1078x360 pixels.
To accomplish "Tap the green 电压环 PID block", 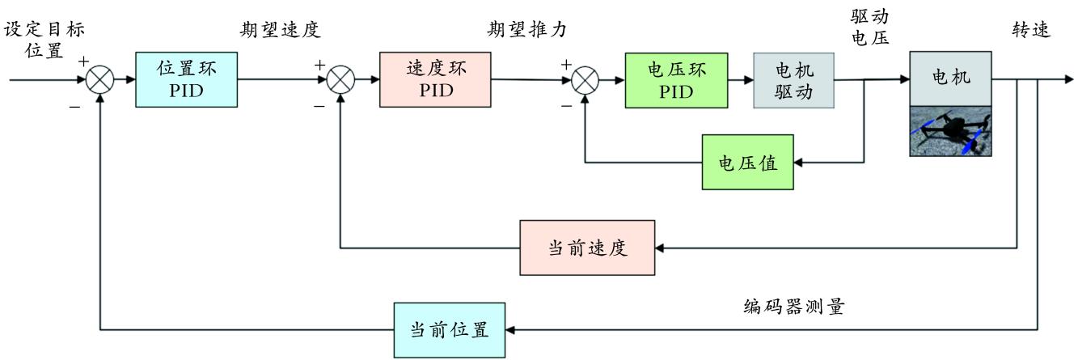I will pos(677,80).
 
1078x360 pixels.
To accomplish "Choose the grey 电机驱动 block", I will pos(793,80).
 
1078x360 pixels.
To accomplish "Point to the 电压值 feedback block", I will pos(748,163).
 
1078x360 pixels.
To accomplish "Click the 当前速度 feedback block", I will pos(588,247).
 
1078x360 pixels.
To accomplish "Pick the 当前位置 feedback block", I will pos(449,330).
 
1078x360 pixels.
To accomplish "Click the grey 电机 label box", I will pos(950,78).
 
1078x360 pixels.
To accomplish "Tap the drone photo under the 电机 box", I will pos(950,131).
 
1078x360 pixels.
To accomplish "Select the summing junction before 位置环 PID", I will pos(99,80).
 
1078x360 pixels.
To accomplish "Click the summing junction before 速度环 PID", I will pos(341,80).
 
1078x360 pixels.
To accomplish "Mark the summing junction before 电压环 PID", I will pos(586,80).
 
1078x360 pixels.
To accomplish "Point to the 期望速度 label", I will pos(281,31).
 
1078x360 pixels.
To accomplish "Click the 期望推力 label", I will pos(526,31).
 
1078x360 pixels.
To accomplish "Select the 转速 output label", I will pos(1031,30).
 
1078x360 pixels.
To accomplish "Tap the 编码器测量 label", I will pos(794,307).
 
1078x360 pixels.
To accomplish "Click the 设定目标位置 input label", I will pos(44,40).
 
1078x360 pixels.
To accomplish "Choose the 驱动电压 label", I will pos(870,28).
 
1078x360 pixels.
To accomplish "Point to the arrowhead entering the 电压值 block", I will pos(799,163).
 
